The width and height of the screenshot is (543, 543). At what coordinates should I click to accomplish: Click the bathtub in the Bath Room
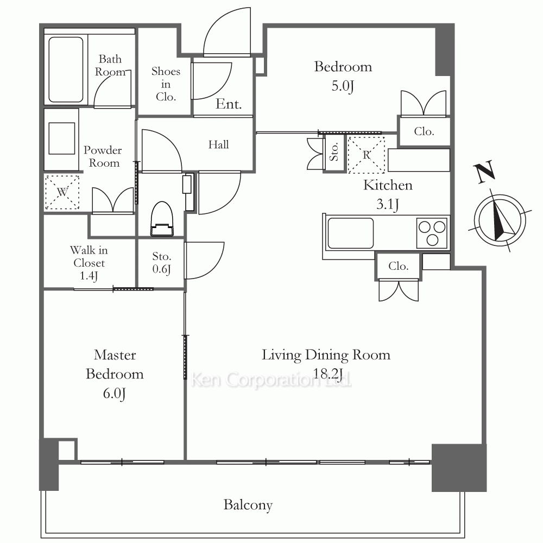pos(66,70)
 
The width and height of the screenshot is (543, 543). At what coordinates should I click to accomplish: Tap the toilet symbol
pos(162,219)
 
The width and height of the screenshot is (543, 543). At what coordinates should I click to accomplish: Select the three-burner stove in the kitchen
pos(432,233)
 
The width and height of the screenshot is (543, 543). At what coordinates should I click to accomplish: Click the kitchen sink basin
pos(350,233)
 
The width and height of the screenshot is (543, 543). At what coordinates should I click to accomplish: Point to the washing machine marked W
pos(62,192)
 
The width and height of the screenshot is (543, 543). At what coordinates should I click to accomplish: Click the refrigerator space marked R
pos(366,155)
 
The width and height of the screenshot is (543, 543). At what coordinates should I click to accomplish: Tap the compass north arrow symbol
pos(500,220)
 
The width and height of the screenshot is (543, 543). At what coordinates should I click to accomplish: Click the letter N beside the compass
pos(485,172)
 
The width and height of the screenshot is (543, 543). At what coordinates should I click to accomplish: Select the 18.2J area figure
pos(327,374)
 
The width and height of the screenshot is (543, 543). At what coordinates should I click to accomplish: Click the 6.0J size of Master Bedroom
pos(114,394)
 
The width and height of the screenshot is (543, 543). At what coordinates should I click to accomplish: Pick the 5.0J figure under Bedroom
pos(343,86)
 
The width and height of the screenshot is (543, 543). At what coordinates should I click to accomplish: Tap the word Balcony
pos(248,505)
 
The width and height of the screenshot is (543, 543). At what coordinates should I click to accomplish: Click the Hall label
pos(218,144)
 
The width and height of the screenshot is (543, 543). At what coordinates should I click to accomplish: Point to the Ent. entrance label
pos(229,104)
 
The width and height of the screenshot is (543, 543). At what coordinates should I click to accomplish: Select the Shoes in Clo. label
pos(166,84)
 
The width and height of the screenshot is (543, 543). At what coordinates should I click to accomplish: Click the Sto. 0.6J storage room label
pos(162,262)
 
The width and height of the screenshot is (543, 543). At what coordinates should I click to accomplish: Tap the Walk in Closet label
pos(89,262)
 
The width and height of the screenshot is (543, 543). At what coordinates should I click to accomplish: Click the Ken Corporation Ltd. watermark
pos(271,380)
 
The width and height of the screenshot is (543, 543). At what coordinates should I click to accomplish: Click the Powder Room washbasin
pos(62,138)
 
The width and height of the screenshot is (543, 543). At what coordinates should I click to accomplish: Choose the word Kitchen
pos(388,185)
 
